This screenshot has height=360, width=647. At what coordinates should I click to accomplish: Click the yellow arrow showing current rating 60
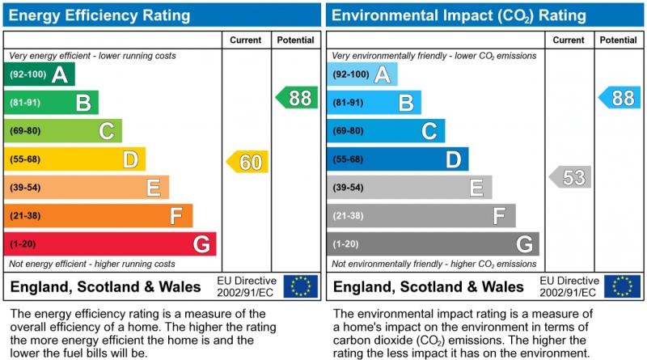(247, 162)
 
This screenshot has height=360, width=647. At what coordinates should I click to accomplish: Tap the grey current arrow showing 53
(570, 177)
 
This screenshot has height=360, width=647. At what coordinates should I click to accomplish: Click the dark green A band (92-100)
(40, 74)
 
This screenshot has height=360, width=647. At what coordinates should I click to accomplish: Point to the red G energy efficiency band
(110, 244)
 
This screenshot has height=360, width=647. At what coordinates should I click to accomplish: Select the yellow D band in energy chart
(74, 159)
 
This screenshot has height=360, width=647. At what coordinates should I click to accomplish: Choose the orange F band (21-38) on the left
(98, 216)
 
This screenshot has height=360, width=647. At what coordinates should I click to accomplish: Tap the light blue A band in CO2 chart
(362, 74)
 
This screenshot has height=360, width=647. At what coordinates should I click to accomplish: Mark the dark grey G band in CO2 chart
(433, 244)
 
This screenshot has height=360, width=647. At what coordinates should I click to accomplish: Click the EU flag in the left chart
(301, 286)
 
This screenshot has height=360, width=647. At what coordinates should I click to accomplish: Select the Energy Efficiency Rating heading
(100, 15)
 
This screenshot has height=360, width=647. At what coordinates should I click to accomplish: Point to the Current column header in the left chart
(246, 40)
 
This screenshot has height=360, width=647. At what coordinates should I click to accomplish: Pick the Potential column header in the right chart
(619, 40)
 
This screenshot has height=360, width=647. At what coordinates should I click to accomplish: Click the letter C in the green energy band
(106, 131)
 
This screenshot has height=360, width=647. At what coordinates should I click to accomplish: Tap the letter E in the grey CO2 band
(476, 188)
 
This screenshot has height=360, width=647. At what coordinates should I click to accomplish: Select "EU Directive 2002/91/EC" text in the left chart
(247, 286)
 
